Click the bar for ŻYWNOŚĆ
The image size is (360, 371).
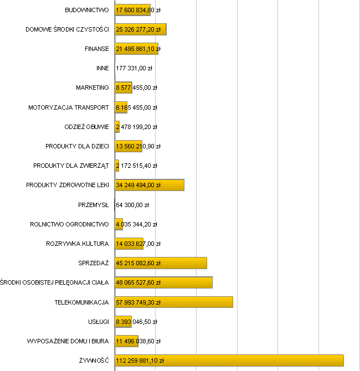pyautogui.click(x=229, y=360)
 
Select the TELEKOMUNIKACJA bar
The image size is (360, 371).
pyautogui.click(x=173, y=302)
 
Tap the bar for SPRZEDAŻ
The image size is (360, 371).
pyautogui.click(x=161, y=263)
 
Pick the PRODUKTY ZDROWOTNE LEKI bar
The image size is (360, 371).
pyautogui.click(x=149, y=185)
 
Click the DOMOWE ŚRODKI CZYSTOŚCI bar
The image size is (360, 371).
pyautogui.click(x=140, y=29)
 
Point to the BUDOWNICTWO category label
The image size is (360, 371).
pyautogui.click(x=87, y=10)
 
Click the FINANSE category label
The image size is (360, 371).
pyautogui.click(x=97, y=49)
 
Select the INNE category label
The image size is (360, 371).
pyautogui.click(x=102, y=68)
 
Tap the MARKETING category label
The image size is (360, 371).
pyautogui.click(x=92, y=87)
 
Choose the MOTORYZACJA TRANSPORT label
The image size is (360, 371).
pyautogui.click(x=69, y=107)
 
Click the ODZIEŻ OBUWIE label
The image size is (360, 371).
pyautogui.click(x=87, y=127)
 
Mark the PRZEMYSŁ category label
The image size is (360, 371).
pyautogui.click(x=94, y=205)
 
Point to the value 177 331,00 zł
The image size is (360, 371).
pyautogui.click(x=134, y=68)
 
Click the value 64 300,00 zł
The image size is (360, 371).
pyautogui.click(x=132, y=205)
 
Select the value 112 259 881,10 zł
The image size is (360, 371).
pyautogui.click(x=140, y=360)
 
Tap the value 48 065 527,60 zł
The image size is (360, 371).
pyautogui.click(x=138, y=282)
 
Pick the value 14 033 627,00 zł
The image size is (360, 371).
pyautogui.click(x=138, y=244)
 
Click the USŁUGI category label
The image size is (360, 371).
pyautogui.click(x=98, y=321)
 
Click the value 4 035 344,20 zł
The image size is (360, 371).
pyautogui.click(x=136, y=224)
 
